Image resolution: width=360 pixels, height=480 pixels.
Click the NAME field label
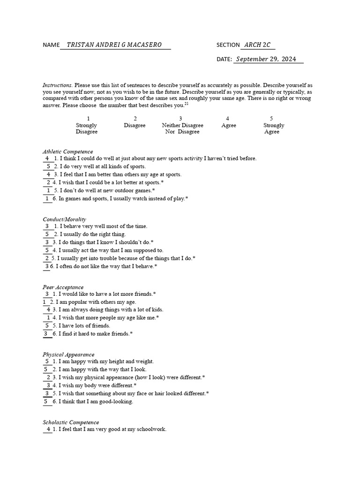click(x=51, y=45)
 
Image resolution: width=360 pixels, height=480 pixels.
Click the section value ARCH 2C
click(x=257, y=45)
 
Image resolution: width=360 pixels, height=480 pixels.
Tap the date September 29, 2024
click(x=266, y=59)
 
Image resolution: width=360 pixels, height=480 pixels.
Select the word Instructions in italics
click(x=57, y=85)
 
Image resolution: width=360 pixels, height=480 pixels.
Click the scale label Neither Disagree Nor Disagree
click(x=182, y=128)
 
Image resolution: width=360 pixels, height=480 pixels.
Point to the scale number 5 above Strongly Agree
click(x=271, y=119)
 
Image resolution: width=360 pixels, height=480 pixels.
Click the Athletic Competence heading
click(x=67, y=151)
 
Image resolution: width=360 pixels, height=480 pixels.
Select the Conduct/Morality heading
click(x=64, y=219)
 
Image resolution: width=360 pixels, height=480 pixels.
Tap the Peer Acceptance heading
click(x=63, y=287)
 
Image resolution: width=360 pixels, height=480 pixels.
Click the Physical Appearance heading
click(x=68, y=354)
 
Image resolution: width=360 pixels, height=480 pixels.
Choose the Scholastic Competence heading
click(x=71, y=422)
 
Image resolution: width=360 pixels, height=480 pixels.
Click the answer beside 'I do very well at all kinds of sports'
click(x=48, y=166)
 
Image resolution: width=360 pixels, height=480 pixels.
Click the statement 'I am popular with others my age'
click(x=96, y=302)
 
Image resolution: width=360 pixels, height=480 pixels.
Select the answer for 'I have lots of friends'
click(x=47, y=325)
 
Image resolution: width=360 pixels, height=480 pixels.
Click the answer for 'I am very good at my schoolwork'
click(x=48, y=429)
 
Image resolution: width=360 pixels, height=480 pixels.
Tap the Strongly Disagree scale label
click(x=86, y=128)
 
